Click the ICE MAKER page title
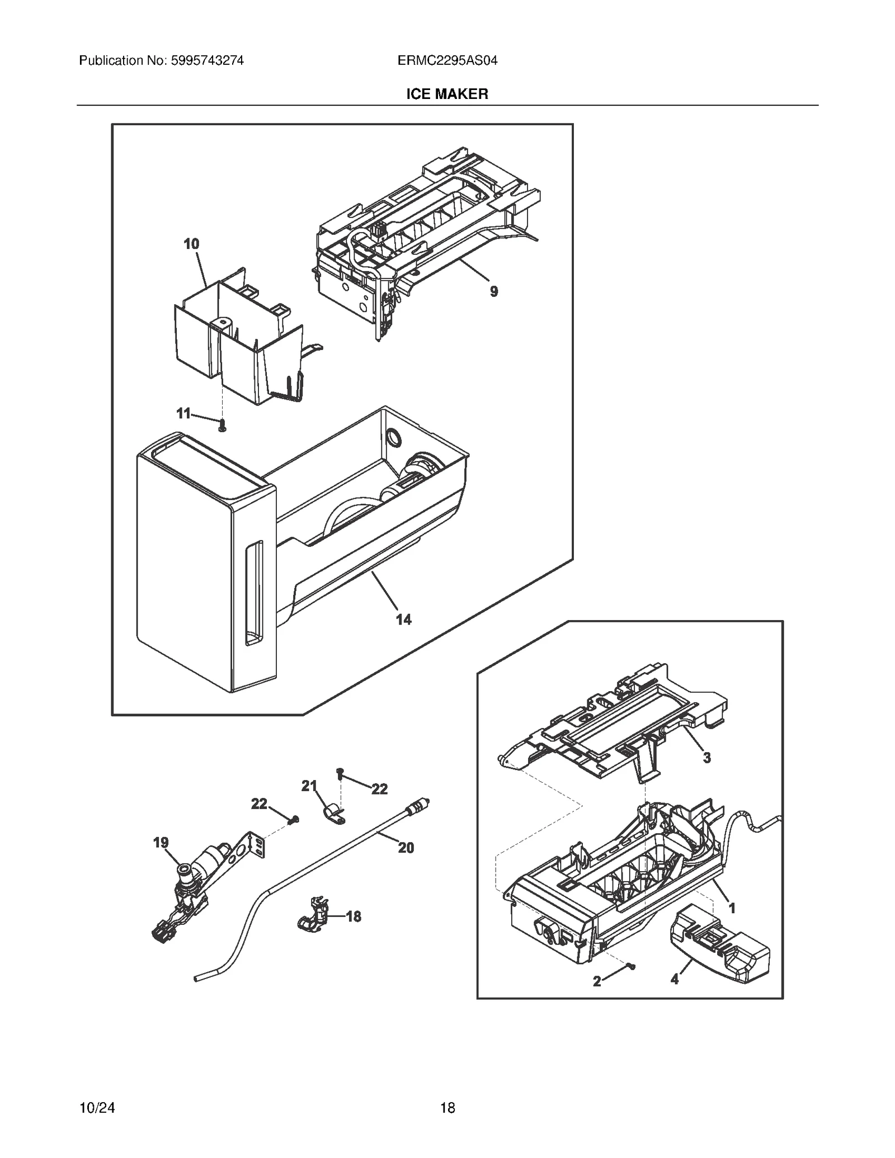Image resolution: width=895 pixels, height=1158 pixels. [447, 94]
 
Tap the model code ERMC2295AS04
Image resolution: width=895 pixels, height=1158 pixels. [447, 60]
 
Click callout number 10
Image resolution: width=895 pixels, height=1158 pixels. [191, 244]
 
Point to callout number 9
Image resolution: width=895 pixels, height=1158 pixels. [494, 291]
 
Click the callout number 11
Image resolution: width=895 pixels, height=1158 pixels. [183, 413]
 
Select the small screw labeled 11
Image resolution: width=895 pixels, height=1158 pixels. [223, 427]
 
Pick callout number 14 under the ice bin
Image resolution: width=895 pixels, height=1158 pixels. [403, 619]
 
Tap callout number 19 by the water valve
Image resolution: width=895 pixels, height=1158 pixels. [161, 842]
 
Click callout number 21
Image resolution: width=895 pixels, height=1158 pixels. [309, 786]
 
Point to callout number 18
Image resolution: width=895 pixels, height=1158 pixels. [354, 916]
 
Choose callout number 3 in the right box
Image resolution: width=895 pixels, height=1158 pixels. [707, 758]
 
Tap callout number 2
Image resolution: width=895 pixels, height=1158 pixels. [597, 981]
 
